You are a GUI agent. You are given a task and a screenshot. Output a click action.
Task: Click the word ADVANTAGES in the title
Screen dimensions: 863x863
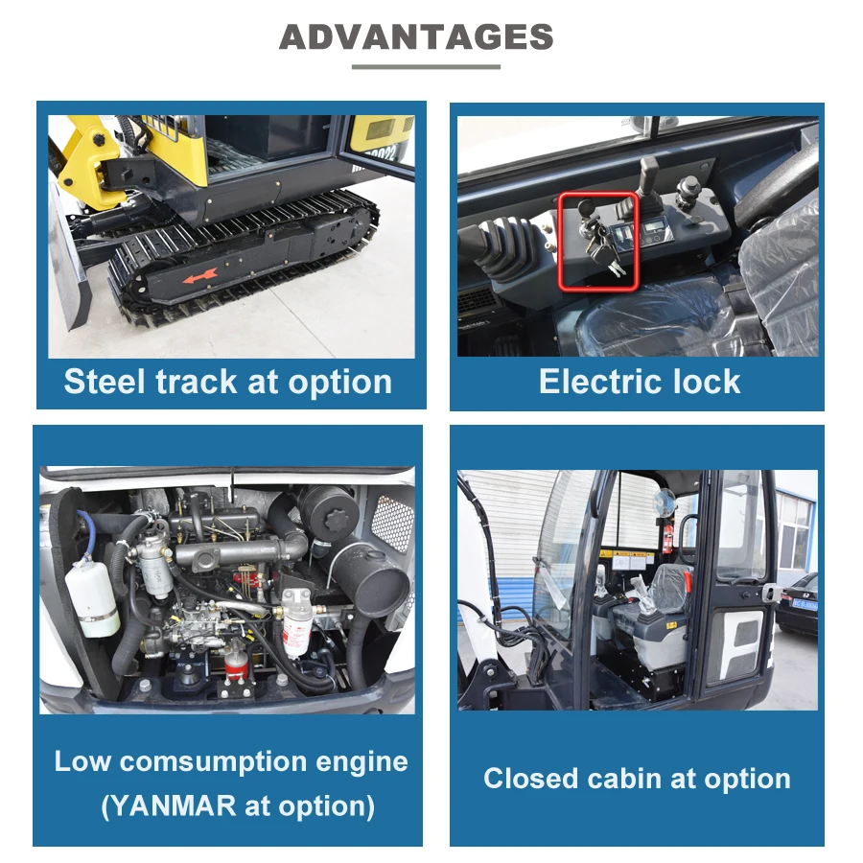tap(416, 37)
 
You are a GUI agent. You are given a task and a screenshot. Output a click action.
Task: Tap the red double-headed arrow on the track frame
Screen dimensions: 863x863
tap(200, 274)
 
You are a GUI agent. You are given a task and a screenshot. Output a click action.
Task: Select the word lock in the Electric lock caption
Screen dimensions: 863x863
tap(707, 382)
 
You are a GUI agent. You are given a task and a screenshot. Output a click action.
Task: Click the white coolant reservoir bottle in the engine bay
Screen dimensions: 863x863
tap(94, 596)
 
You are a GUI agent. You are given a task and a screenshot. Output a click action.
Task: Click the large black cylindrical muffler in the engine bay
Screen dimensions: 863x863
tap(369, 579)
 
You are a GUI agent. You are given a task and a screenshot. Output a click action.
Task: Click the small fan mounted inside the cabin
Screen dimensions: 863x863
tap(665, 501)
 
